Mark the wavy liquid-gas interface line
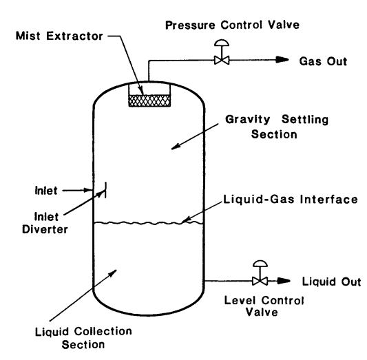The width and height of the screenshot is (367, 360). [x=147, y=222]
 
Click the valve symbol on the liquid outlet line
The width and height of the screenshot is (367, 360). [x=259, y=281]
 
